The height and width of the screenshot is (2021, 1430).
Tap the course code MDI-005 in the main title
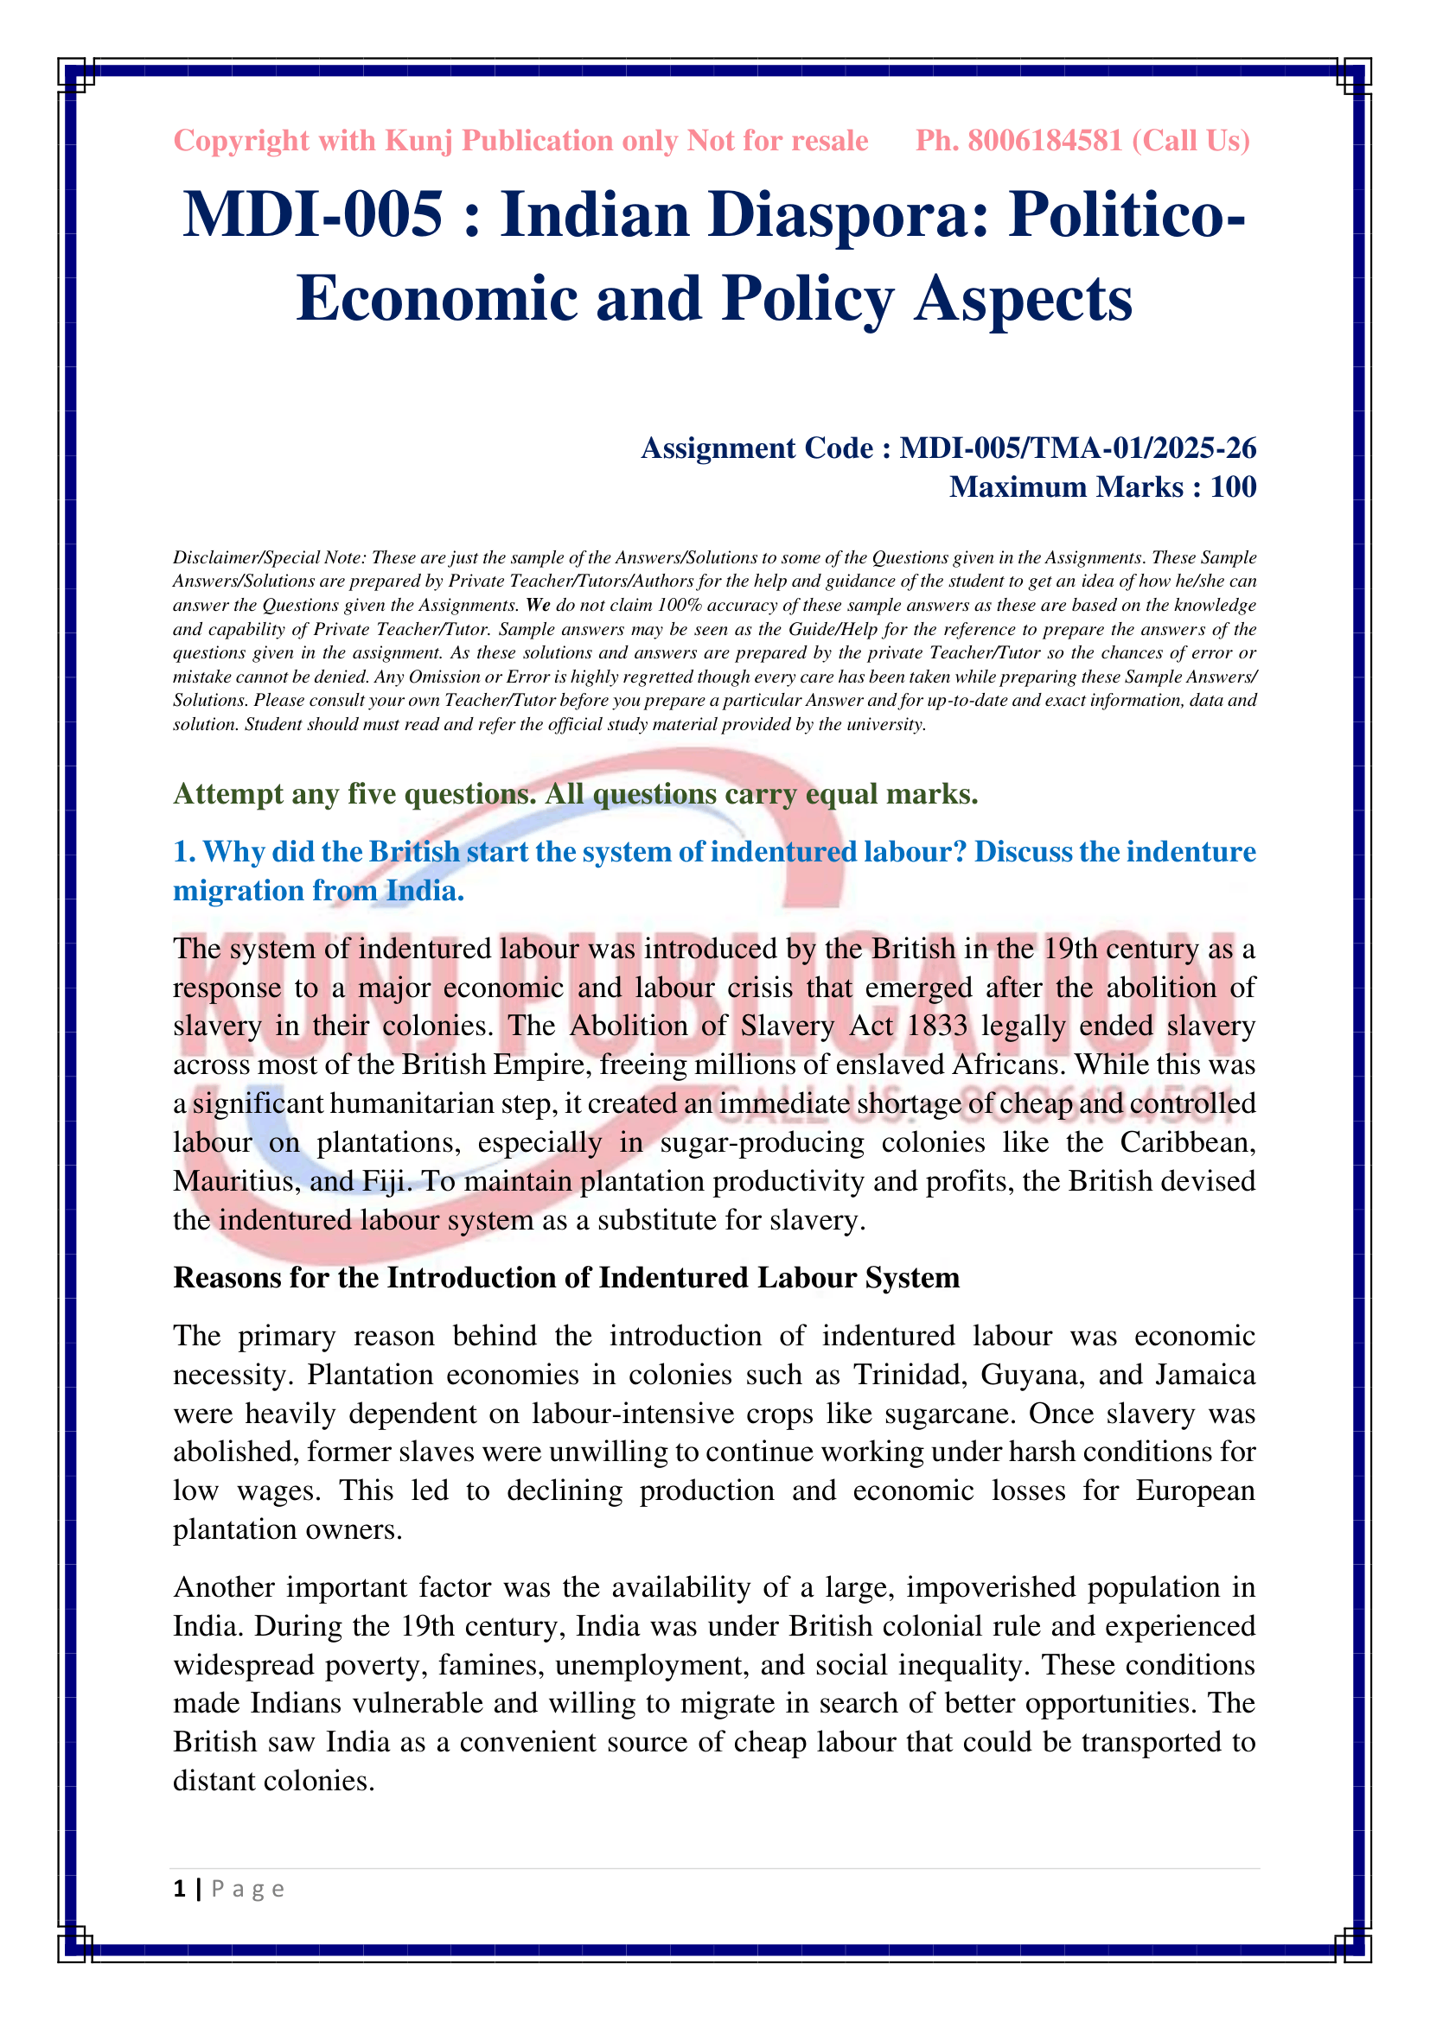(313, 216)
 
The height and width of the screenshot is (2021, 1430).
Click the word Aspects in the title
(1023, 299)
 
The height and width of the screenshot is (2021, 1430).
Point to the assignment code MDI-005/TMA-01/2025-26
(1078, 448)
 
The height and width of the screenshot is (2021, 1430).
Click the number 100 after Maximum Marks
(1233, 486)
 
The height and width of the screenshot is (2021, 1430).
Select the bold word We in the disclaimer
(538, 606)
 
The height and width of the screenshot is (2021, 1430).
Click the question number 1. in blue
(184, 852)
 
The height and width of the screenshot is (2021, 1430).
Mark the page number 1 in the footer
(180, 1889)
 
